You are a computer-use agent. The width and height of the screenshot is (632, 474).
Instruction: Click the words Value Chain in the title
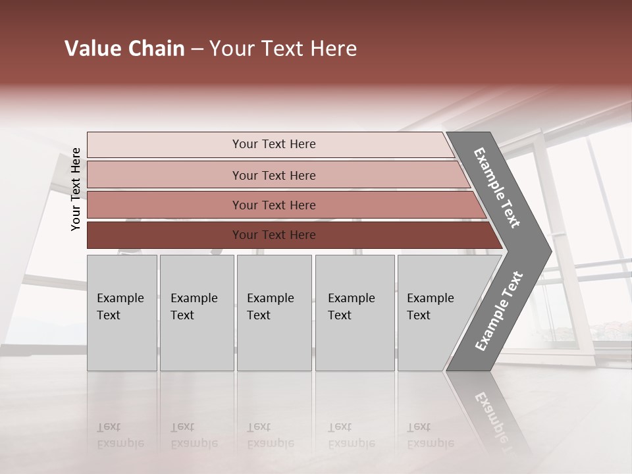[x=124, y=49]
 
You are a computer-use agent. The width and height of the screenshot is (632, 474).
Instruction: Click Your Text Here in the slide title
[x=283, y=49]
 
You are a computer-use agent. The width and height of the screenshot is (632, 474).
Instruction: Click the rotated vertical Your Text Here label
[x=76, y=189]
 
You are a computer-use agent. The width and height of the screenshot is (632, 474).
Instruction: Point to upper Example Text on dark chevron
[x=497, y=188]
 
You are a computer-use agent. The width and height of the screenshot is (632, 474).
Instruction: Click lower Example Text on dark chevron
[x=498, y=311]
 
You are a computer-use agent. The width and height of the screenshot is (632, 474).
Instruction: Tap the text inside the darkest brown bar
[x=274, y=235]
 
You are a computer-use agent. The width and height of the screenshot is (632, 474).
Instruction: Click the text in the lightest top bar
[x=274, y=144]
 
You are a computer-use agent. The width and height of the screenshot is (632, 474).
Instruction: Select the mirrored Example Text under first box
[x=120, y=436]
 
